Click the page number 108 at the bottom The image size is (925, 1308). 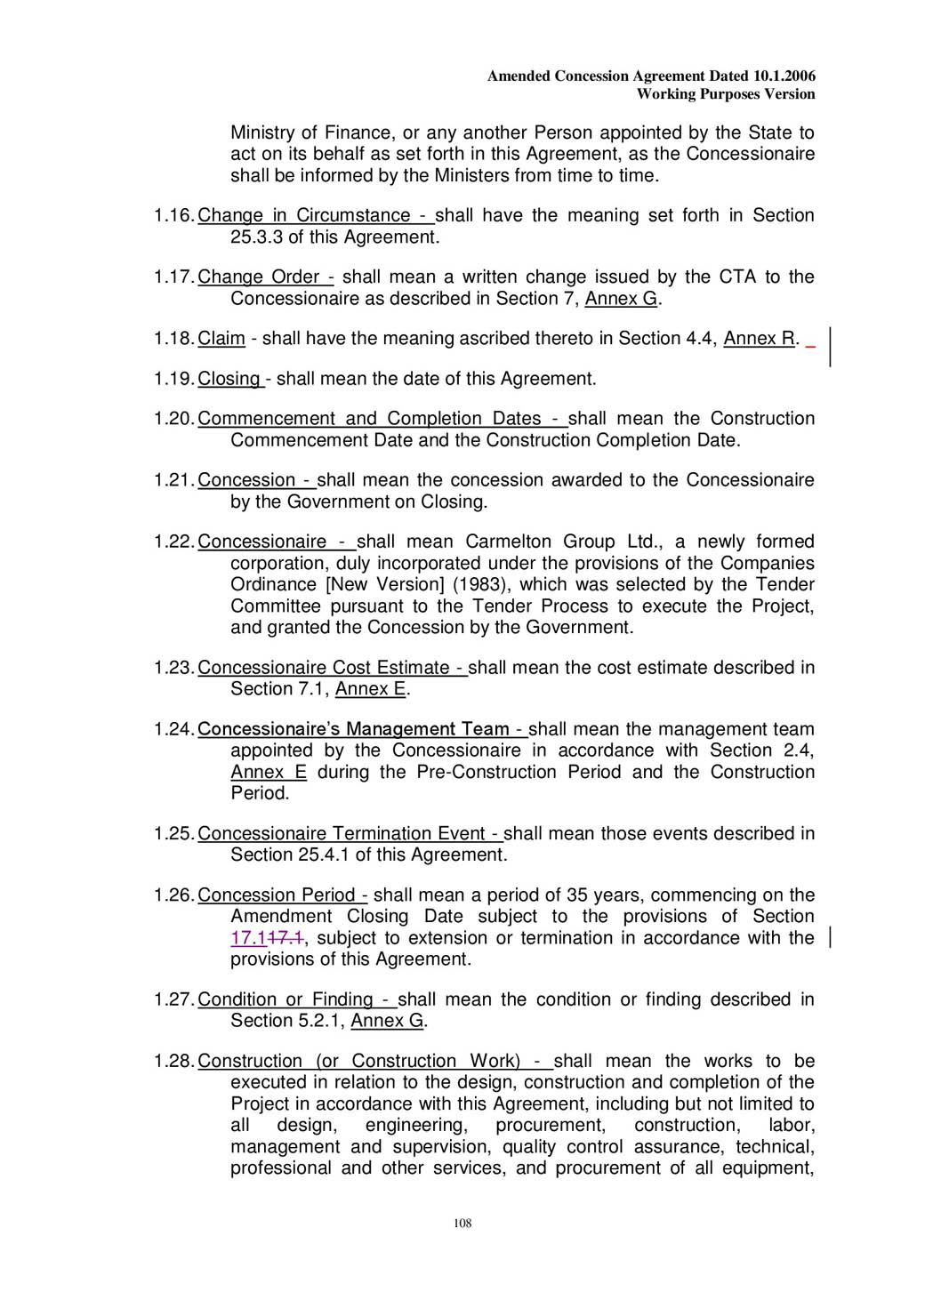click(462, 1224)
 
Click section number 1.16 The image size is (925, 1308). click(173, 216)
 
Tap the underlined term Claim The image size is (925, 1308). click(221, 339)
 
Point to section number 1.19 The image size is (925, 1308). click(173, 379)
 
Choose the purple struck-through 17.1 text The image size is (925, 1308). click(286, 938)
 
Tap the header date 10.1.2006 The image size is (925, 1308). click(784, 76)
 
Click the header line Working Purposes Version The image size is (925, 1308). click(726, 94)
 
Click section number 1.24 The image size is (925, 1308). click(173, 729)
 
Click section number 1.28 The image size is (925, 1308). click(173, 1062)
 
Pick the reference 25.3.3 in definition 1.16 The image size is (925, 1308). click(256, 237)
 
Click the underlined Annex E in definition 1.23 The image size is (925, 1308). click(371, 689)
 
